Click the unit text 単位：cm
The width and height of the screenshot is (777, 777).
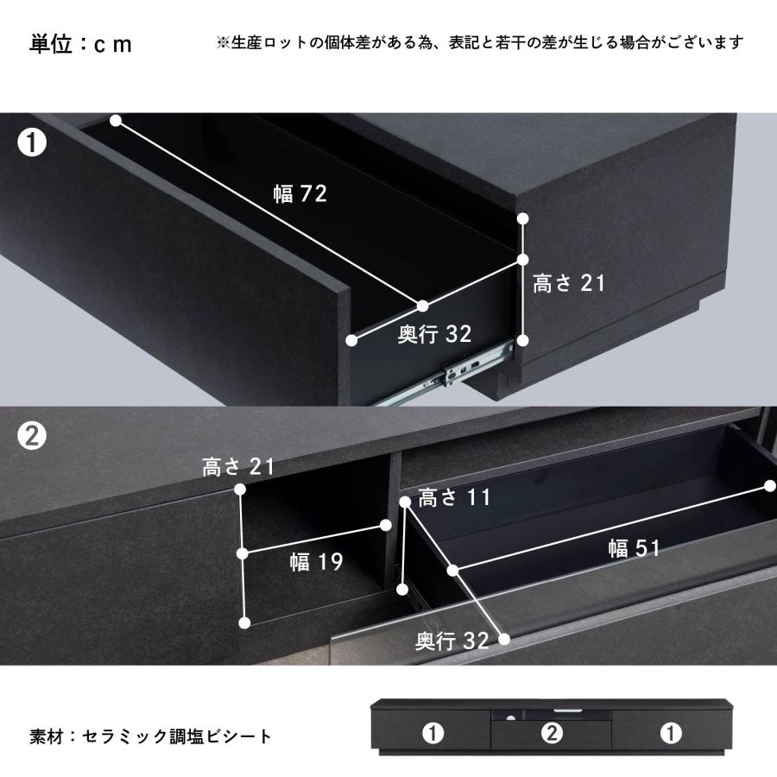coord(81,44)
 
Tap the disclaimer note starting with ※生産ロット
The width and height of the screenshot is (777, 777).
coord(479,42)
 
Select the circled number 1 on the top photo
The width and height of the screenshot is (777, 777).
coord(32,142)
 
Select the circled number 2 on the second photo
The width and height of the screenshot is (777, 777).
coord(32,438)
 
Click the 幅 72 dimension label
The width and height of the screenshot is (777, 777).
coord(300,194)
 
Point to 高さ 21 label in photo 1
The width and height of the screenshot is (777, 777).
coord(569,283)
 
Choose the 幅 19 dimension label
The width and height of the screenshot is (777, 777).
coord(316,563)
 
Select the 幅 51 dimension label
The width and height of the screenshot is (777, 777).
coord(634,548)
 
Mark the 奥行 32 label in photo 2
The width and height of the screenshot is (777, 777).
coord(452,641)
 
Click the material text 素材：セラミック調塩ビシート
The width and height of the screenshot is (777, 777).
coord(151,736)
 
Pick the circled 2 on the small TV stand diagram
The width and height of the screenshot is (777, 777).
coord(552,735)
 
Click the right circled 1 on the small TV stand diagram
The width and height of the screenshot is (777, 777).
coord(671,734)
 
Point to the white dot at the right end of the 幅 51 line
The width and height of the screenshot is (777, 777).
coord(771,486)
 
